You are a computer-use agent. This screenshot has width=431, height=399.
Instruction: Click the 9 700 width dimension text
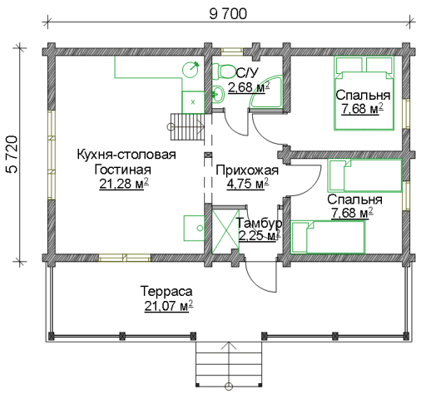pyautogui.click(x=228, y=14)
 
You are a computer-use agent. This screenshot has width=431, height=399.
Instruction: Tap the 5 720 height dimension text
pyautogui.click(x=12, y=155)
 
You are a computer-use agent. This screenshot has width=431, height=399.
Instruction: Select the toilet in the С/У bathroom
pyautogui.click(x=223, y=71)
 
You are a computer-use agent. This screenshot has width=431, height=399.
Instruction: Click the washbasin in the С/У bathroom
pyautogui.click(x=218, y=94)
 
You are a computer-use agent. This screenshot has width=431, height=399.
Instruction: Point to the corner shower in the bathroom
pyautogui.click(x=267, y=91)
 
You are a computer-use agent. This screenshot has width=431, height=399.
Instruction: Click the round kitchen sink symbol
pyautogui.click(x=191, y=69)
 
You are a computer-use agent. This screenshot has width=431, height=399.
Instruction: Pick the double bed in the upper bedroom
pyautogui.click(x=364, y=93)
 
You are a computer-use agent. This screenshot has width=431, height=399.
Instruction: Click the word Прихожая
pyautogui.click(x=247, y=170)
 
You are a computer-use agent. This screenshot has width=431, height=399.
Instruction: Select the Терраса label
pyautogui.click(x=166, y=292)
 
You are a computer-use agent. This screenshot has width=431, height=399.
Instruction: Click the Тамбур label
pyautogui.click(x=259, y=223)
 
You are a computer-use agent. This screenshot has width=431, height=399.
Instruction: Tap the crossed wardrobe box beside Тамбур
pyautogui.click(x=225, y=231)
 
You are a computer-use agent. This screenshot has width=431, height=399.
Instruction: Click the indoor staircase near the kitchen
pyautogui.click(x=187, y=126)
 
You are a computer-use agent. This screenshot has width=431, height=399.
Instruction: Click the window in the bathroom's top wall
pyautogui.click(x=232, y=52)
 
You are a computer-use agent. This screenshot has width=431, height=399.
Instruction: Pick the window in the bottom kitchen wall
pyautogui.click(x=125, y=258)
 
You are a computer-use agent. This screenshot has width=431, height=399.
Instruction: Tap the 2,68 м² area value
pyautogui.click(x=249, y=87)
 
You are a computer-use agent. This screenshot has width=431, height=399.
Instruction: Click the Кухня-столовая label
pyautogui.click(x=126, y=155)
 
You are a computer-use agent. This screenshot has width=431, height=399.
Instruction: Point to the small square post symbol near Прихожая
pyautogui.click(x=208, y=155)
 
